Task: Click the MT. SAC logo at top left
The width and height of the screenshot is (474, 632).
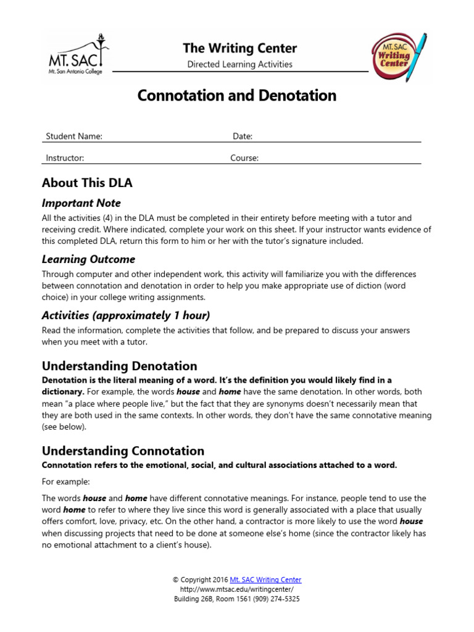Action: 77,55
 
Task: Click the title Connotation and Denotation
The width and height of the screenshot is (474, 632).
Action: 237,96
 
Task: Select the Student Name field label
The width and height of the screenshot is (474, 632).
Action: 74,136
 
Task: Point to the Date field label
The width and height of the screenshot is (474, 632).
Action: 243,136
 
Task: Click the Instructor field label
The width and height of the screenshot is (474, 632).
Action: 65,158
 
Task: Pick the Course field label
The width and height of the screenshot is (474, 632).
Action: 244,158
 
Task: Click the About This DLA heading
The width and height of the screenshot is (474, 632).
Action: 87,183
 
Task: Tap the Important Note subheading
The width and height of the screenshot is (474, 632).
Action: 81,203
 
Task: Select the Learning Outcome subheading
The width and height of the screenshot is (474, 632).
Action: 88,259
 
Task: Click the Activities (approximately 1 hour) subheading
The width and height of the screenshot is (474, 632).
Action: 126,315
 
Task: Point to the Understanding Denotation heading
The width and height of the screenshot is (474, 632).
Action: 119,366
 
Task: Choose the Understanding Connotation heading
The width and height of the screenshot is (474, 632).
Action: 123,451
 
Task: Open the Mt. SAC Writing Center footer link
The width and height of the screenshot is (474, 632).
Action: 265,580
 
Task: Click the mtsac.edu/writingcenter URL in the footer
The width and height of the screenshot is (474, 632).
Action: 237,589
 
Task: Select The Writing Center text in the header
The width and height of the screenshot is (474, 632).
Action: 239,48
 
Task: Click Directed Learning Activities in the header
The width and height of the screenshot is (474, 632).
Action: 239,64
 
